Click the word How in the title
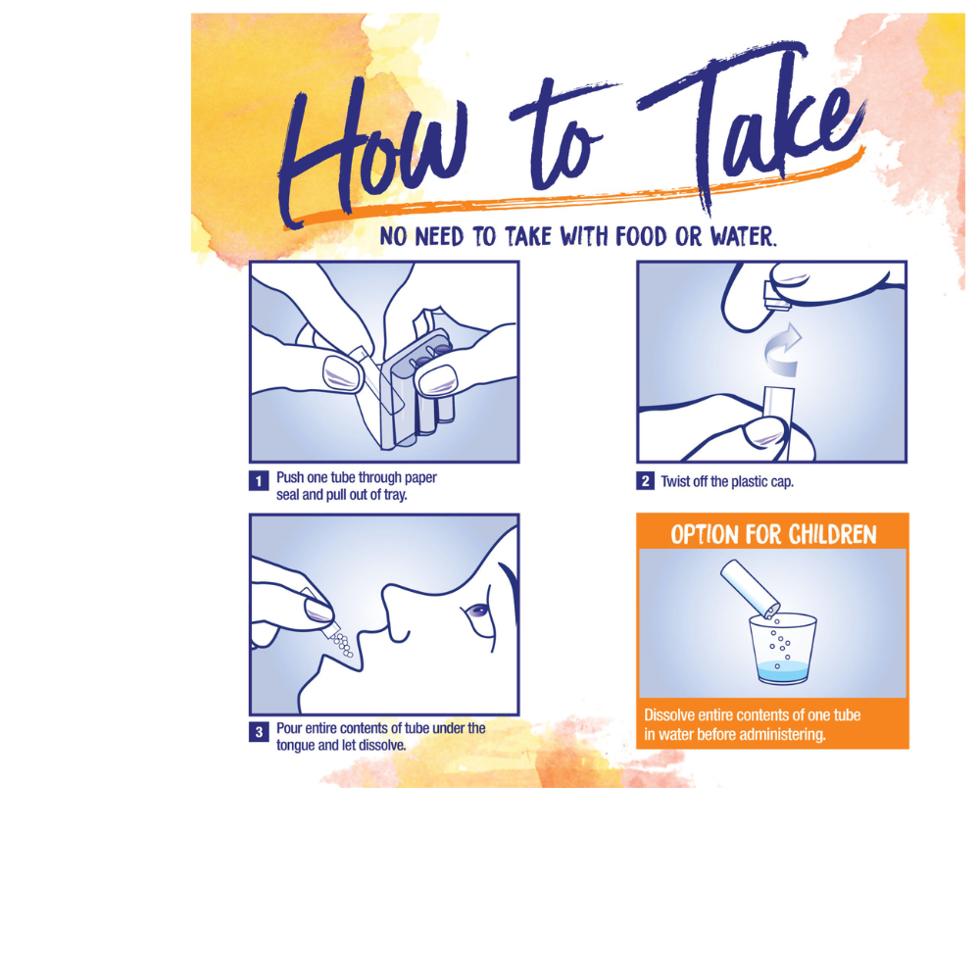[375, 150]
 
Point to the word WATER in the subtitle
[743, 237]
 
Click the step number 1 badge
[259, 481]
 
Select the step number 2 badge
[645, 481]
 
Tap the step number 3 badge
[259, 732]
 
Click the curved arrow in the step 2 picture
[782, 350]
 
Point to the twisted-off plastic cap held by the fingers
[778, 297]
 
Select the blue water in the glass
[782, 672]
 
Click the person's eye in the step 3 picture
[478, 611]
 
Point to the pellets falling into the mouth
[342, 645]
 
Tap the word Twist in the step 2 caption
[675, 482]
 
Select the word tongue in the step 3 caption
[296, 746]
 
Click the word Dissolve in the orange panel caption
[669, 715]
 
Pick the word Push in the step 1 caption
[290, 477]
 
